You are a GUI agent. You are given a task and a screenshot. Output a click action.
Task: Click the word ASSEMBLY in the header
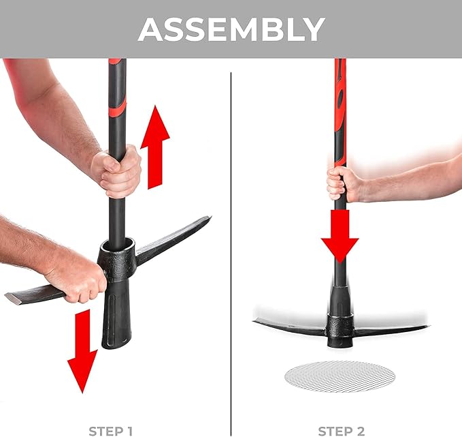tap(231, 29)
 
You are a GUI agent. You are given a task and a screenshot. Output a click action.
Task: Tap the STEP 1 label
tap(111, 430)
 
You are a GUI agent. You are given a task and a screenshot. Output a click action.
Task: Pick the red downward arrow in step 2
tap(340, 235)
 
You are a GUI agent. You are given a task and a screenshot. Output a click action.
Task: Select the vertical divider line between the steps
tap(231, 239)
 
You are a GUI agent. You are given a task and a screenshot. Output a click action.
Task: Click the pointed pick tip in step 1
tap(206, 220)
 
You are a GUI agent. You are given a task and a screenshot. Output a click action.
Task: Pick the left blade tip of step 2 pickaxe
tap(257, 320)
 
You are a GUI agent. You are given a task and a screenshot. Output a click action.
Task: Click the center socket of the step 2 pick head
tap(340, 326)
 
